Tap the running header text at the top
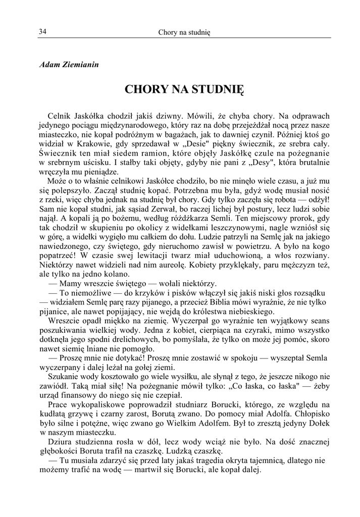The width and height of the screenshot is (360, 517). click(184, 32)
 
